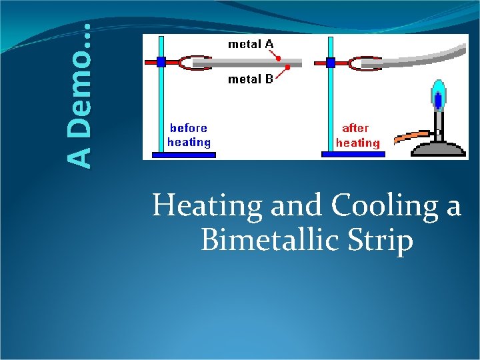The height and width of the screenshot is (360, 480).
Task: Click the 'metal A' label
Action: (x=250, y=44)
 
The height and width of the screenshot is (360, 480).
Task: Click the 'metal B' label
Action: (x=250, y=79)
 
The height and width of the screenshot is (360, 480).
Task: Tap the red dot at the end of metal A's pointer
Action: (x=279, y=58)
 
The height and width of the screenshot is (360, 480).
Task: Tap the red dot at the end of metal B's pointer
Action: (x=287, y=68)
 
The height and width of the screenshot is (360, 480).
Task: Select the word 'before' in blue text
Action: (x=189, y=128)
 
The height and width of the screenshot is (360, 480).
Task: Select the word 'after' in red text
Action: (x=355, y=128)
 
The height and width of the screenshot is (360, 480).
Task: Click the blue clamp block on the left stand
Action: (x=161, y=62)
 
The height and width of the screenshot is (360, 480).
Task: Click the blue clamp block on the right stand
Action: (x=331, y=63)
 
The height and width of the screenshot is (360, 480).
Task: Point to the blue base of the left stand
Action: (x=184, y=155)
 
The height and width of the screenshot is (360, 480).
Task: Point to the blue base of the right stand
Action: (x=353, y=154)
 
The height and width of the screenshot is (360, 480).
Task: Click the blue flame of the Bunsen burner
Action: (x=438, y=97)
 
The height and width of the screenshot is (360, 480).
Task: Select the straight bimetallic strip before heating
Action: (x=247, y=63)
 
